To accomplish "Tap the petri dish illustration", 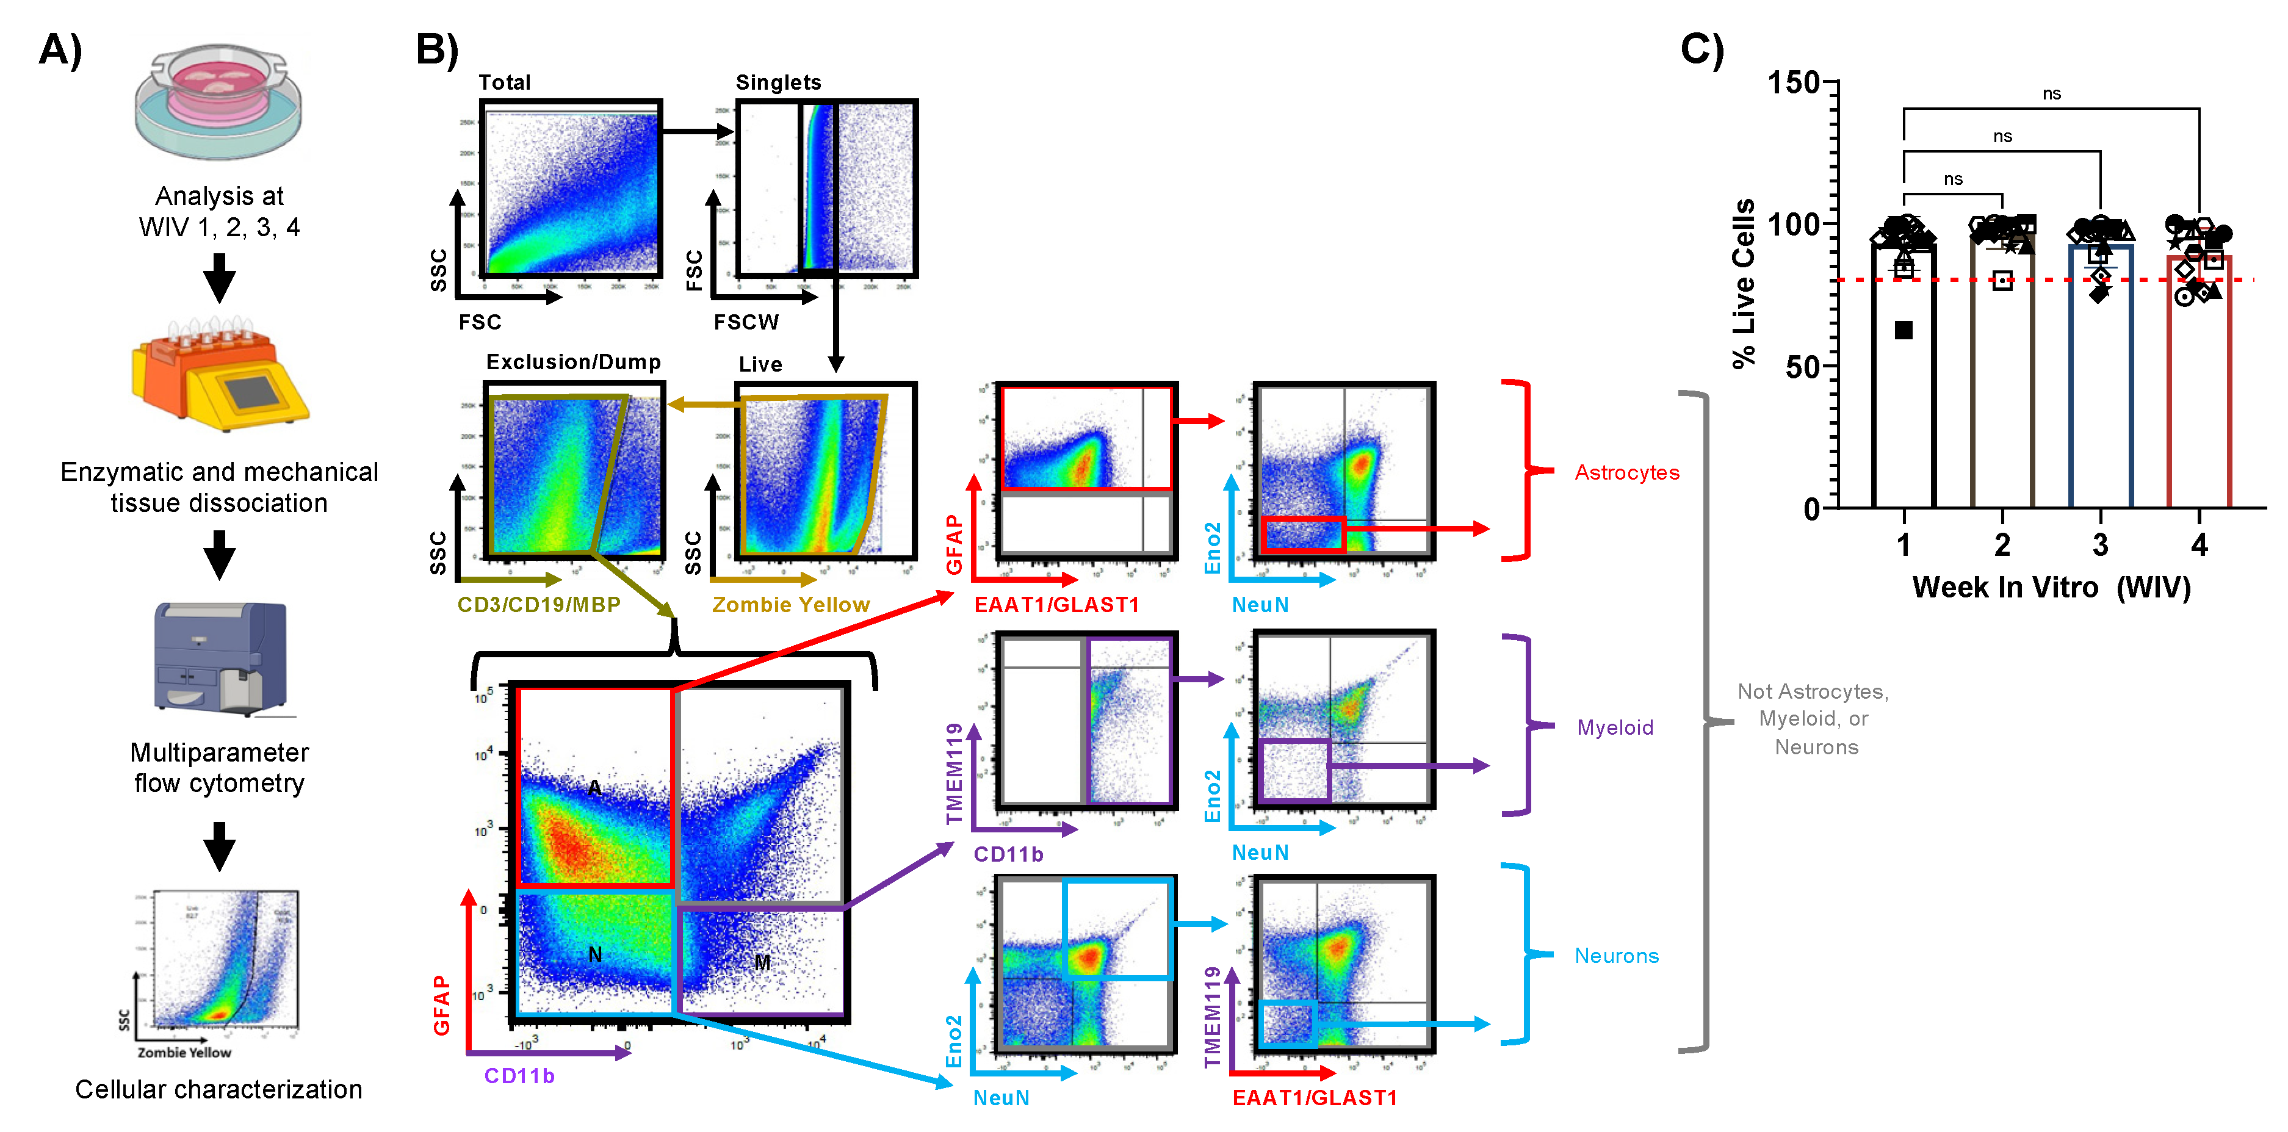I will [218, 102].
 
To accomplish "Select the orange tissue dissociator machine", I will [219, 377].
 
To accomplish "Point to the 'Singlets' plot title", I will [778, 82].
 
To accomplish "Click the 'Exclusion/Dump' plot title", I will [573, 362].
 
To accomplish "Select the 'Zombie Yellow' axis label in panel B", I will [790, 605].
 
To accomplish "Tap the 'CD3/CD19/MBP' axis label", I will [538, 605].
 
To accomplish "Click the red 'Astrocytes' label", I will [1626, 472].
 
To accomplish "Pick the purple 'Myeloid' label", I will [1615, 727].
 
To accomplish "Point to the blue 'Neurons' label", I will [1617, 955].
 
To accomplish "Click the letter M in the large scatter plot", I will [762, 962].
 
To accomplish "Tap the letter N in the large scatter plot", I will [595, 954].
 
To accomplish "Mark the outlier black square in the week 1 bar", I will [1904, 330].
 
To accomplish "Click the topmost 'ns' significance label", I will [2051, 94].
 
